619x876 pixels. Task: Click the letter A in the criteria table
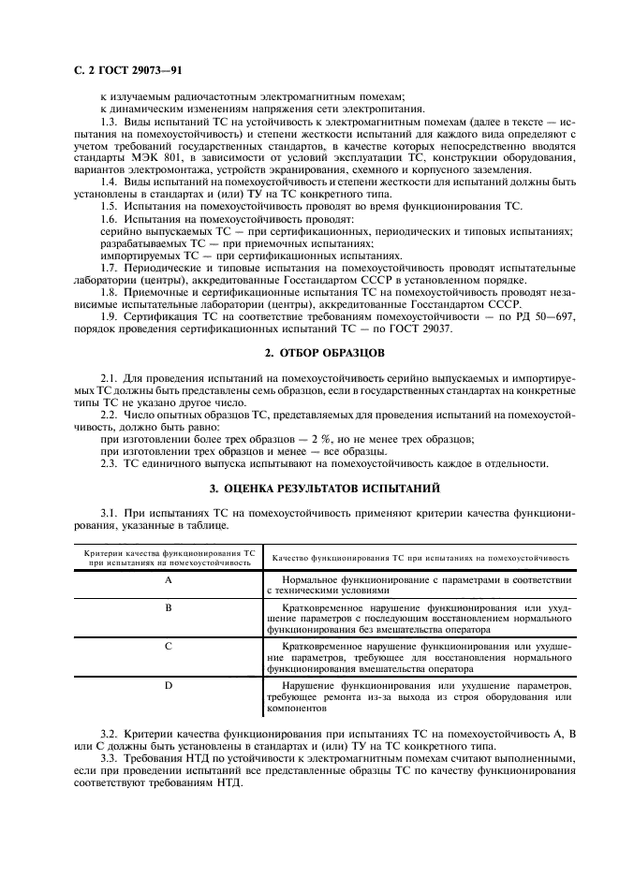(x=168, y=580)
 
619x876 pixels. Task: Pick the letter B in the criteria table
(x=169, y=607)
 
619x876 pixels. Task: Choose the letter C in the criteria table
(x=169, y=647)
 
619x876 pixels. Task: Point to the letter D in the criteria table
(x=169, y=686)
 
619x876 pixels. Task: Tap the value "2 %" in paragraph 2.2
(x=311, y=438)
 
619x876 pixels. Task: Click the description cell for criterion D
(x=420, y=698)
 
